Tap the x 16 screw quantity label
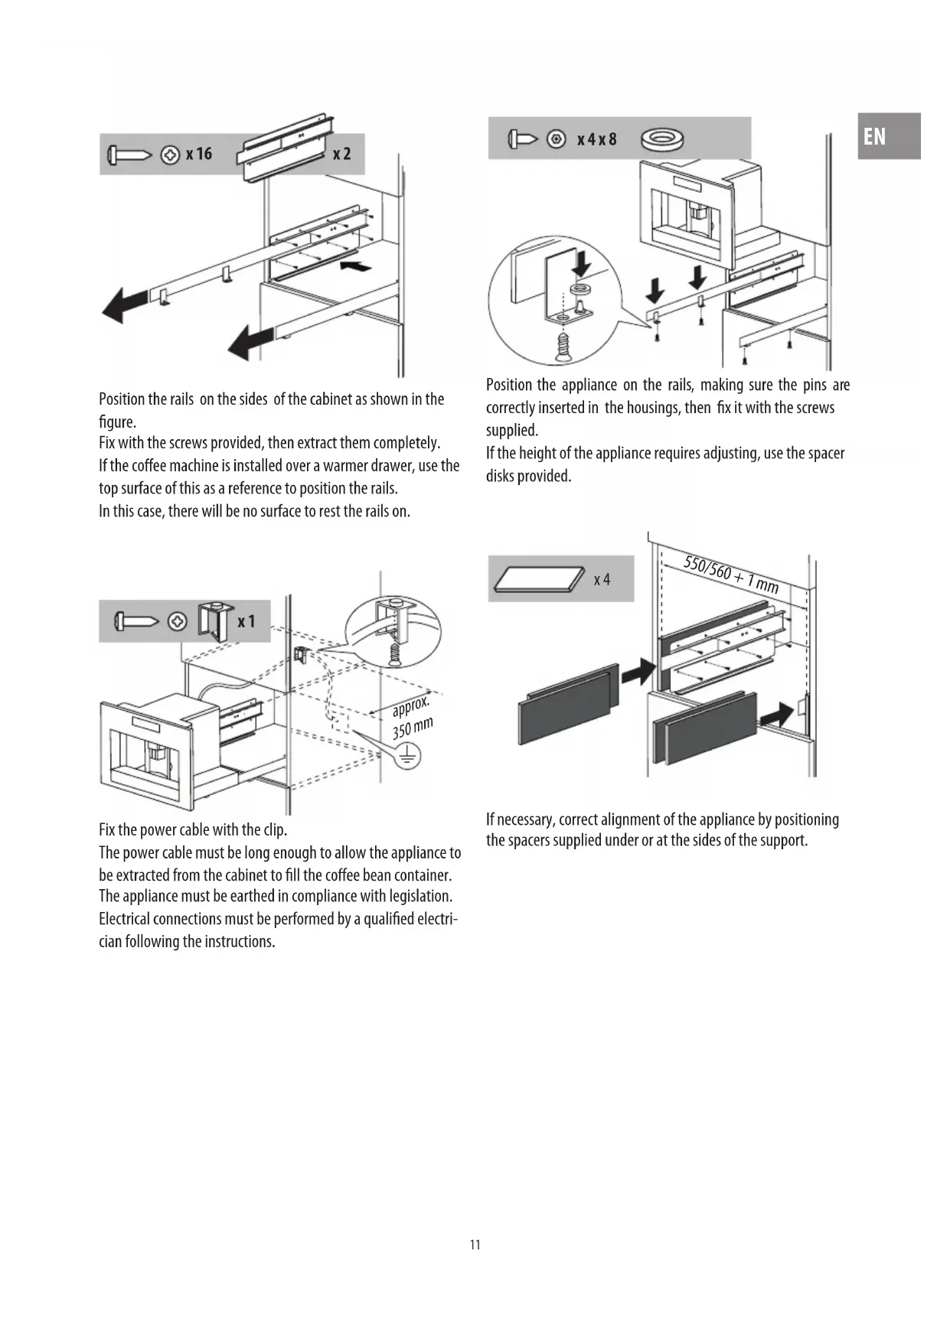tap(198, 154)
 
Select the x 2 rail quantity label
tap(341, 154)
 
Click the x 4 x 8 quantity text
tap(597, 139)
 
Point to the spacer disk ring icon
tap(662, 139)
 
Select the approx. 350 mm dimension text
tap(413, 718)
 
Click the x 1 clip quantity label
tap(246, 621)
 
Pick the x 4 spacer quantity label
tap(602, 579)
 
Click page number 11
tap(475, 1245)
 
